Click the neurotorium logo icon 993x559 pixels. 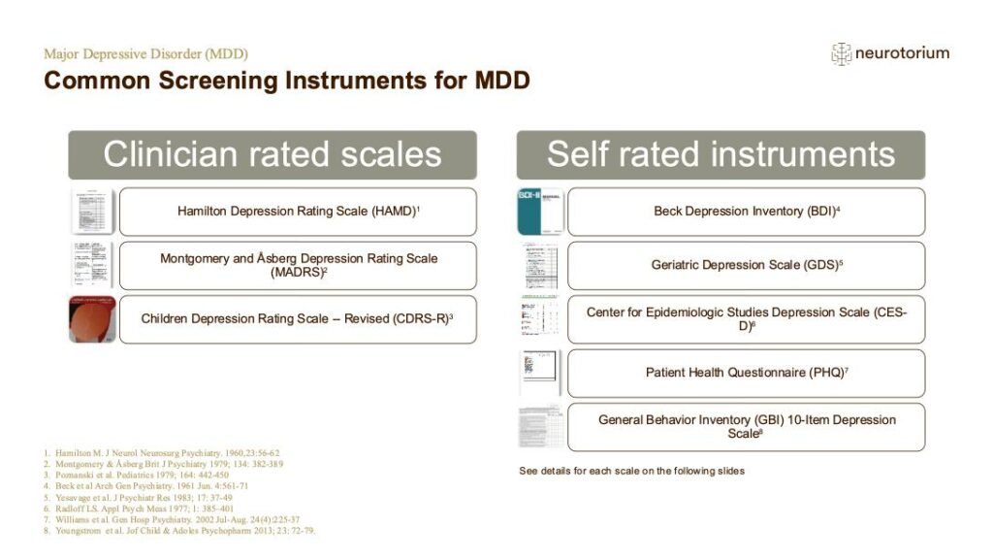pos(841,54)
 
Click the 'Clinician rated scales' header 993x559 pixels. pos(272,154)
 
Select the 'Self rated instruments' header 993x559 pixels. pos(721,154)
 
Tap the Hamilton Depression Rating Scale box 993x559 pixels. pos(298,212)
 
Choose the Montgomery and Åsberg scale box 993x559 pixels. pos(298,265)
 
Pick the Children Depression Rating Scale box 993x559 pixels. pos(298,319)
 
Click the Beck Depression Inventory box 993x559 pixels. pos(746,212)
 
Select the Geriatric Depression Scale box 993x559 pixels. pos(746,265)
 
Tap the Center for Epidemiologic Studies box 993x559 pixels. pos(746,319)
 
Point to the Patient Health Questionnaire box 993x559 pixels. pos(746,373)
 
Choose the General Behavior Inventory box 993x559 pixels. pos(746,427)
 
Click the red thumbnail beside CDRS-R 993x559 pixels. pos(92,319)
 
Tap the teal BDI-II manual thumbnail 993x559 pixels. pos(540,212)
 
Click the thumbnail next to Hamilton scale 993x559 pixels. pos(92,212)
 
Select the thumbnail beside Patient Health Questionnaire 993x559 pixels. pos(540,373)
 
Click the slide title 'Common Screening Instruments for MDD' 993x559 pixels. pos(287,81)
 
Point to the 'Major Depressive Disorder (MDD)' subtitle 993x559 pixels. pos(145,53)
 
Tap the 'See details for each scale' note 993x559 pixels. pos(631,471)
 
